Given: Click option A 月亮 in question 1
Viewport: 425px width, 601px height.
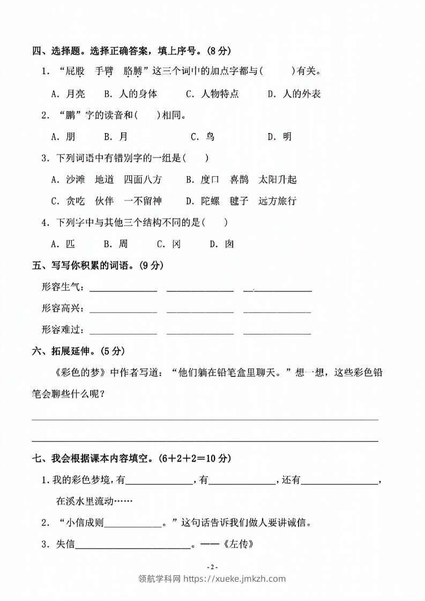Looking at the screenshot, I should point(68,94).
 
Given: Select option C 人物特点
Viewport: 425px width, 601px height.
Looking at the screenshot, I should point(212,94).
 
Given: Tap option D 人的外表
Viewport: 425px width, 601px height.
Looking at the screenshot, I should point(294,94).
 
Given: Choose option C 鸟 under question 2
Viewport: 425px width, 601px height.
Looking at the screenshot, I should point(203,137).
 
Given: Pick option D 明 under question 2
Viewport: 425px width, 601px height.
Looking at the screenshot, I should point(280,137).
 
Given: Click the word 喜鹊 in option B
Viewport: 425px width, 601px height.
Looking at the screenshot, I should point(240,180).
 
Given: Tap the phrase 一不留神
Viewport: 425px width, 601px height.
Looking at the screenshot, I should point(143,201).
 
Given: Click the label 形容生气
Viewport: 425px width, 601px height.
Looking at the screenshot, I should point(63,287).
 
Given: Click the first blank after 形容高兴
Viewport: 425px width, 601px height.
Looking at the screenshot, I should point(123,309).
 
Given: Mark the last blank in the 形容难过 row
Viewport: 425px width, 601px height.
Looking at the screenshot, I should point(277,331).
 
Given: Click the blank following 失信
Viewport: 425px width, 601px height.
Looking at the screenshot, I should point(133,546).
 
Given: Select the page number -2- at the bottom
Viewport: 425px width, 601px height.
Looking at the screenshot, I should point(212,567).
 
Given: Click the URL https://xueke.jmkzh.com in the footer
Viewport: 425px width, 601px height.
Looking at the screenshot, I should point(234,578).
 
